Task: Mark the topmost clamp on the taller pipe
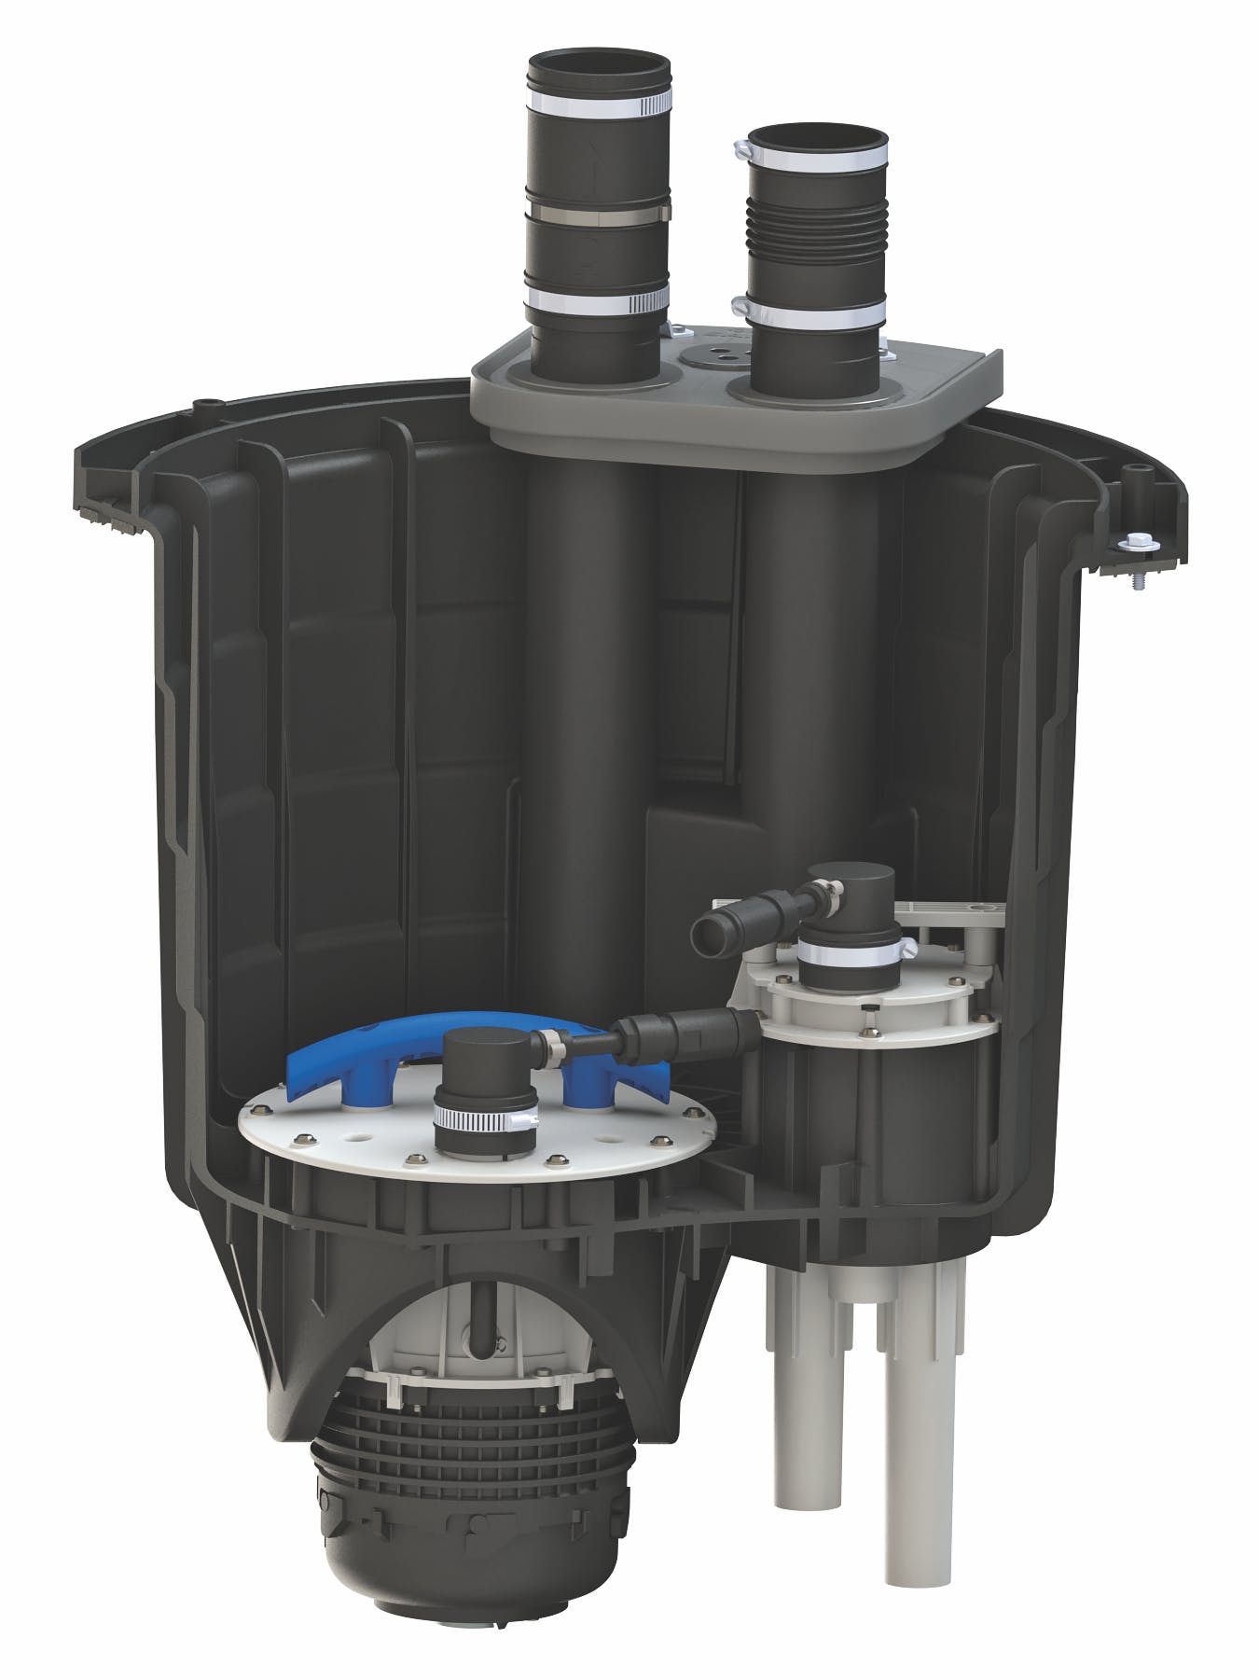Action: [599, 99]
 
